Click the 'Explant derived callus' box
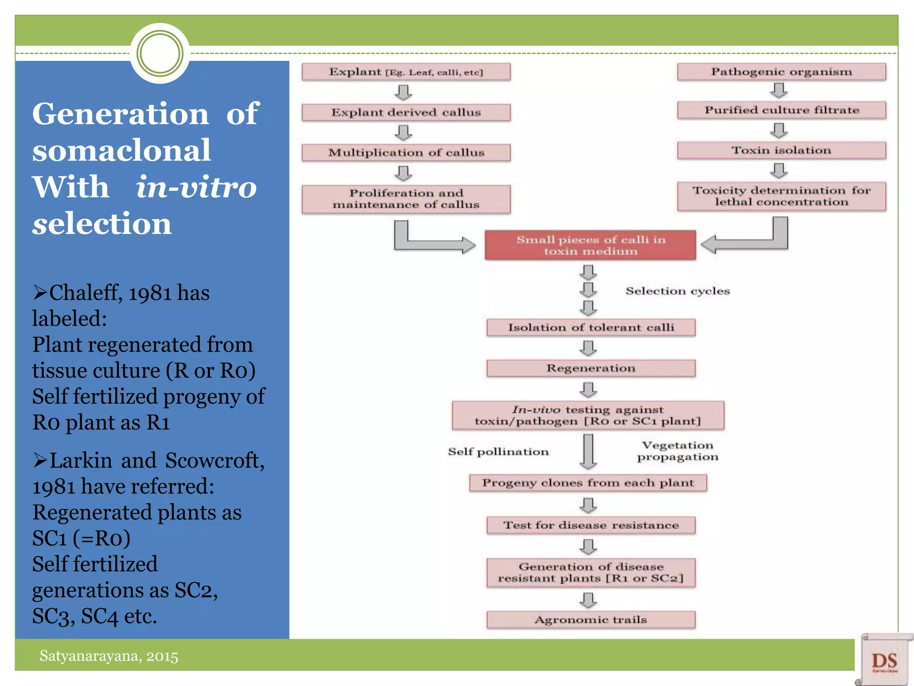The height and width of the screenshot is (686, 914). [x=406, y=113]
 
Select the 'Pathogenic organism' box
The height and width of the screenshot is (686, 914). [x=781, y=72]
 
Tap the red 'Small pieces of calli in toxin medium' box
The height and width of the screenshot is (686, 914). [x=590, y=245]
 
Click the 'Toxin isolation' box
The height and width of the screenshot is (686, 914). [x=781, y=151]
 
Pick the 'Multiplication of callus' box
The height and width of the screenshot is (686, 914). [x=406, y=153]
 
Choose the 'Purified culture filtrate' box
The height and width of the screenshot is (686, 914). [x=781, y=110]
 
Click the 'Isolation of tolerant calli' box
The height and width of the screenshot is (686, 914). [x=590, y=327]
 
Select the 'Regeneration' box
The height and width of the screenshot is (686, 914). [x=590, y=368]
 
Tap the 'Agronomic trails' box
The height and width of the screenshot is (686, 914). [x=590, y=620]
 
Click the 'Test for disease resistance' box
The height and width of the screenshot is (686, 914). [x=590, y=525]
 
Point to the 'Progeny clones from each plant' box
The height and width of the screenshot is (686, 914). [x=588, y=483]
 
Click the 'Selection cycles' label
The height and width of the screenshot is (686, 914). [x=677, y=291]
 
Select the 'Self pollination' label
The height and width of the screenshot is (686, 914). [x=498, y=452]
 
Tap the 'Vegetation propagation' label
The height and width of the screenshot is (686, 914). [x=677, y=451]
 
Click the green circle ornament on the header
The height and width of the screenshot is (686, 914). [x=160, y=54]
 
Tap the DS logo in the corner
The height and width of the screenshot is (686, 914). [x=884, y=660]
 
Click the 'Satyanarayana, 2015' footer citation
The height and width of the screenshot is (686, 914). [x=109, y=656]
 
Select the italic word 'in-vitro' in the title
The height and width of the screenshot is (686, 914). [x=196, y=187]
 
